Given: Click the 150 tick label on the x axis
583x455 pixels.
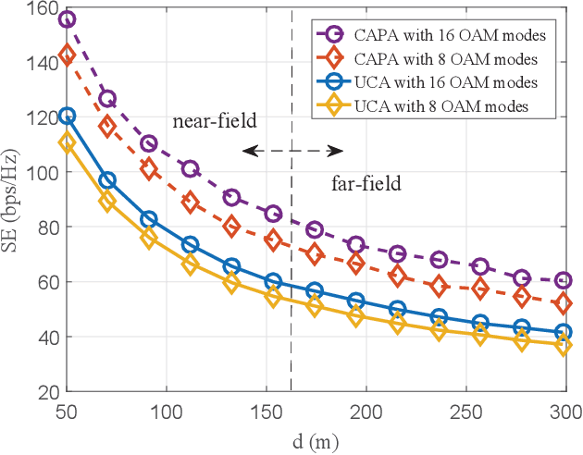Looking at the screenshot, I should (267, 410).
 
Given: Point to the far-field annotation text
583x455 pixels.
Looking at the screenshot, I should (366, 184).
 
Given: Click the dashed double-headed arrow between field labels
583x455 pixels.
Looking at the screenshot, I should (292, 150).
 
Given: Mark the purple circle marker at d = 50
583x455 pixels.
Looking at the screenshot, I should (67, 19).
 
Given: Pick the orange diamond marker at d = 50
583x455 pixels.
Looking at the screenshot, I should (67, 55).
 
